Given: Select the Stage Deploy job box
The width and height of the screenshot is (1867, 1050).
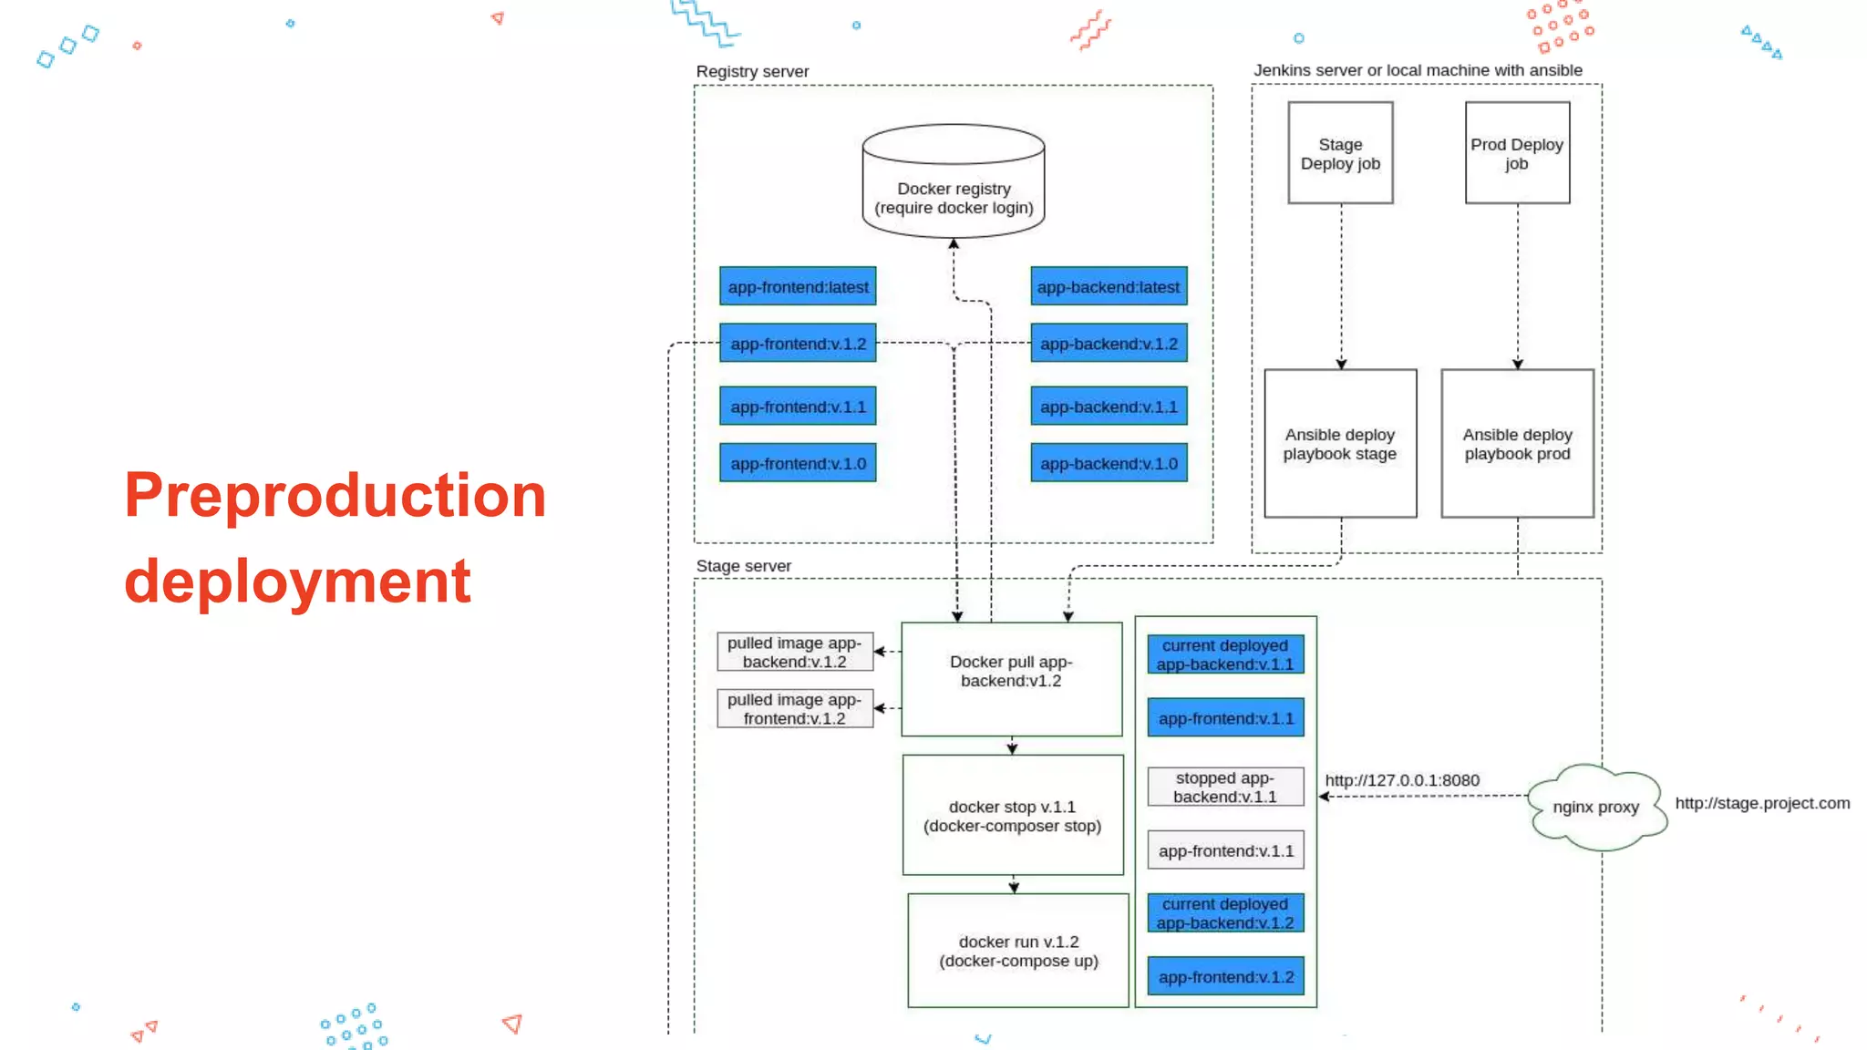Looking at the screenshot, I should [1340, 153].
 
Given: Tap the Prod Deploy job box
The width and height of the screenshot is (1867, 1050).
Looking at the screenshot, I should [1517, 153].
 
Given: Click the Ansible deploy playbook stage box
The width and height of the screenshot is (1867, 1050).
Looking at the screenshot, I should [1340, 444].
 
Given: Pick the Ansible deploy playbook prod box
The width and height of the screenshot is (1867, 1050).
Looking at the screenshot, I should [1517, 444].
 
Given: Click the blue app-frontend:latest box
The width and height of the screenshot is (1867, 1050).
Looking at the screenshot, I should [798, 286].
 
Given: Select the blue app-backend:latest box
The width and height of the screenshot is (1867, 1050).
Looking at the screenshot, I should [1109, 286].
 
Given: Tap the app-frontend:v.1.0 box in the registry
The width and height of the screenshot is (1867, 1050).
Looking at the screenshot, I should [798, 463].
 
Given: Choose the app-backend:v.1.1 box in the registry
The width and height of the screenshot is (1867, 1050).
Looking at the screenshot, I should [1109, 407].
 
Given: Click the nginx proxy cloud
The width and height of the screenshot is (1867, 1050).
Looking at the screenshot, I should [1596, 808].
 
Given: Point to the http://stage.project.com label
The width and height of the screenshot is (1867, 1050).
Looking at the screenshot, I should [1761, 803].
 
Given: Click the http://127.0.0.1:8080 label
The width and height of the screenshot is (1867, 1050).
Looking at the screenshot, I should [1402, 780].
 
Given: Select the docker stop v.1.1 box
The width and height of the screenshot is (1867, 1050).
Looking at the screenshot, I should [1012, 816].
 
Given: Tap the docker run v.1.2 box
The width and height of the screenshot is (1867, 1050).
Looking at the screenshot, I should [1018, 951].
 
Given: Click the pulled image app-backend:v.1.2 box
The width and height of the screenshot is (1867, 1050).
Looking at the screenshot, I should [794, 653].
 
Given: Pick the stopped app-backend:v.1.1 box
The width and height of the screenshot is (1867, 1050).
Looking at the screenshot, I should [1225, 787].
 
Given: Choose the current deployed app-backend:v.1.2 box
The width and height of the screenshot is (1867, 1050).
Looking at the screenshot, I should [1225, 913].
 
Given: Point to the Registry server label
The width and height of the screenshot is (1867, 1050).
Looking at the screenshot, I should [752, 71].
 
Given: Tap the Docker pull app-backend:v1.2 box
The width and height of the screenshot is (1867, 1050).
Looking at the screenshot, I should [1011, 679].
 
